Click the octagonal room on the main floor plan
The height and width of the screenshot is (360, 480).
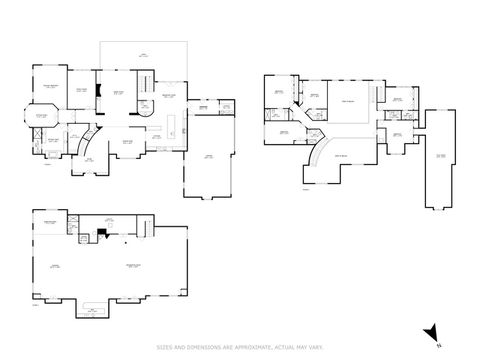coord(42,121)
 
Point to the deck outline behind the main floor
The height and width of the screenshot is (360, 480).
coord(145,56)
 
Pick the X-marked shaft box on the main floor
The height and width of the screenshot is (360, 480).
coord(226,107)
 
